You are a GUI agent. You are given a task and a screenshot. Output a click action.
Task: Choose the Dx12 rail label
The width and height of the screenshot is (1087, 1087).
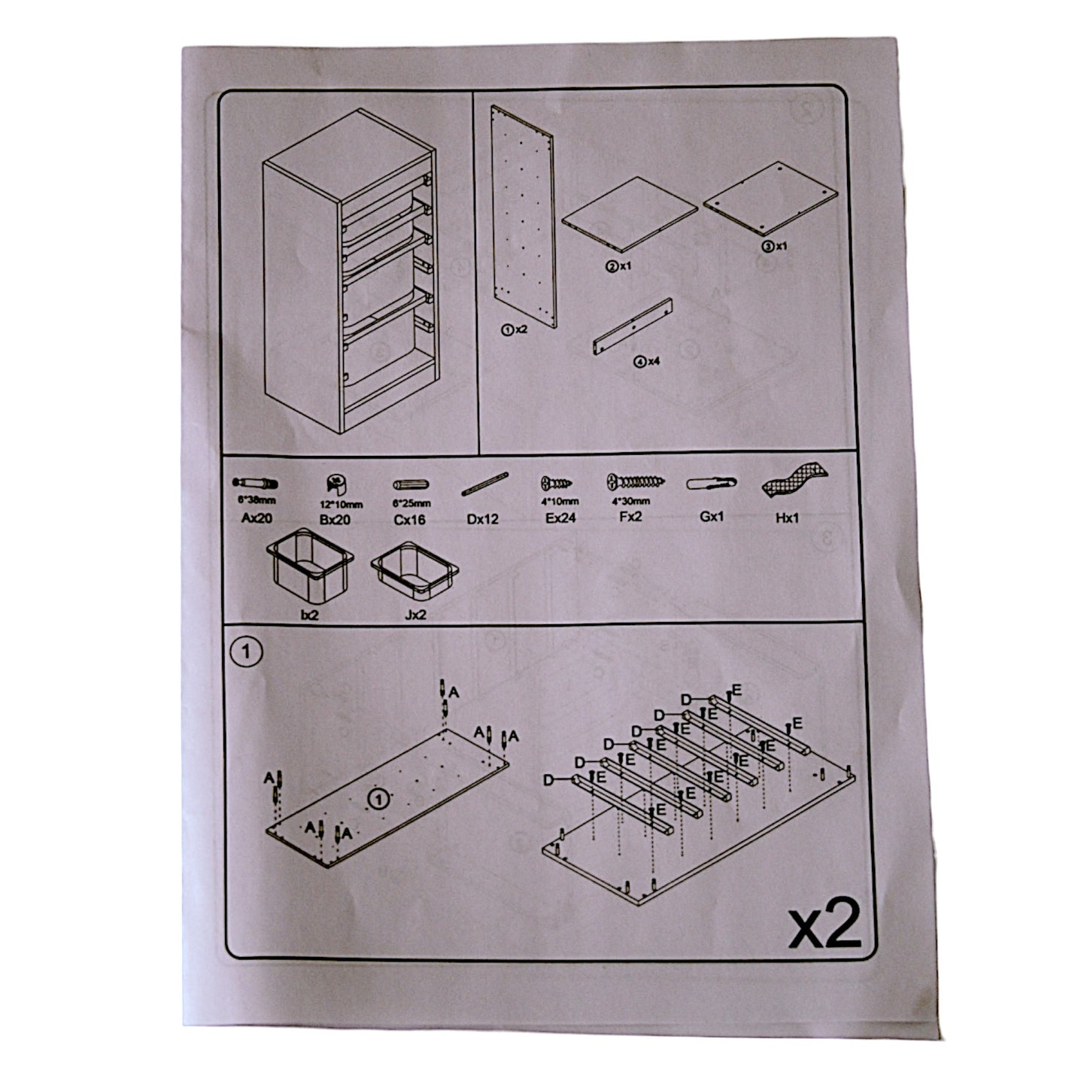pyautogui.click(x=482, y=519)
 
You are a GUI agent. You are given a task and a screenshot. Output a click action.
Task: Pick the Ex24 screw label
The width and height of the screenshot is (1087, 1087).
pyautogui.click(x=561, y=518)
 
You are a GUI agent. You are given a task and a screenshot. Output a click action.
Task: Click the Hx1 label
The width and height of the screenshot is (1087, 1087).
pyautogui.click(x=788, y=518)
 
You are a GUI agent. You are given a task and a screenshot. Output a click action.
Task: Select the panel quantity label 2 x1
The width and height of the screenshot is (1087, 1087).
pyautogui.click(x=618, y=266)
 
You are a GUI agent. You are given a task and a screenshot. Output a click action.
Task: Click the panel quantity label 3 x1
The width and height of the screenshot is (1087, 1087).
pyautogui.click(x=774, y=245)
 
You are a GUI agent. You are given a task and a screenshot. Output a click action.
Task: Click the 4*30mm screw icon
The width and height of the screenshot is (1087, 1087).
pyautogui.click(x=635, y=481)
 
